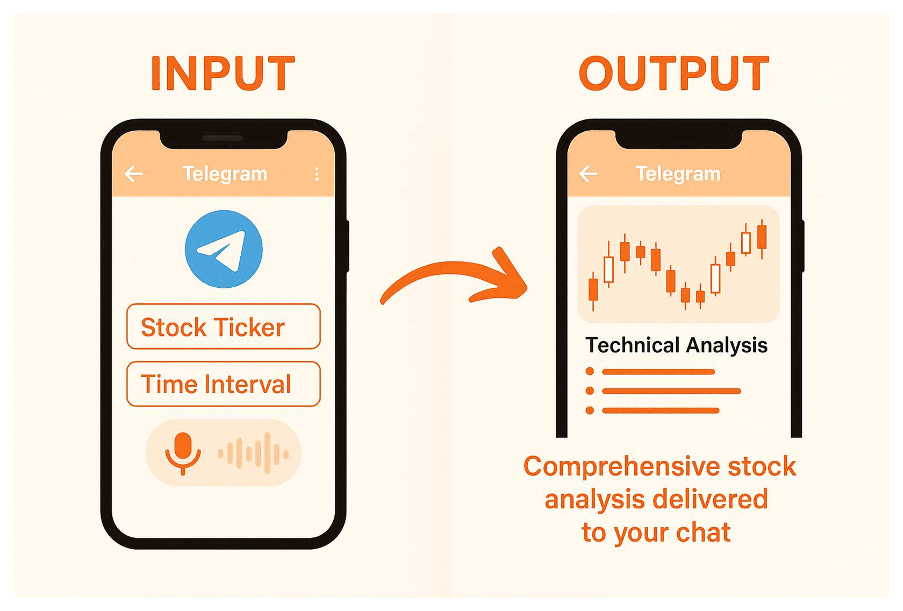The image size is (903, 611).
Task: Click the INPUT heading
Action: click(x=224, y=73)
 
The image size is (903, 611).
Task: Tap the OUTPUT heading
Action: click(x=674, y=73)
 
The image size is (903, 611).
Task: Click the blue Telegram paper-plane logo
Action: click(x=224, y=249)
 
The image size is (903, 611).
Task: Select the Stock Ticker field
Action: click(x=224, y=326)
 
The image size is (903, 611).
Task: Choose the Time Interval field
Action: click(x=224, y=384)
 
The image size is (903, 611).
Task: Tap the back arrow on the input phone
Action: click(x=133, y=174)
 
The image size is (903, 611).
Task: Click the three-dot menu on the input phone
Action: click(x=317, y=174)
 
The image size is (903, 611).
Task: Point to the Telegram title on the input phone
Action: click(x=225, y=174)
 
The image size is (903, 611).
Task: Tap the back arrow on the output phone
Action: click(x=588, y=174)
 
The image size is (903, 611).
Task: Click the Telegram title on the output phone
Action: click(x=678, y=174)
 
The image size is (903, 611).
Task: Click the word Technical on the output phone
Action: click(x=633, y=345)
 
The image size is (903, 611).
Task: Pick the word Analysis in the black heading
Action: click(x=727, y=346)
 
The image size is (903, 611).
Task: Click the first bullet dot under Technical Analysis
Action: click(x=590, y=372)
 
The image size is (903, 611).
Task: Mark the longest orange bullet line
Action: click(x=671, y=391)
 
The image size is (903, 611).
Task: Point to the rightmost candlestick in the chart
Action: click(x=762, y=239)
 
